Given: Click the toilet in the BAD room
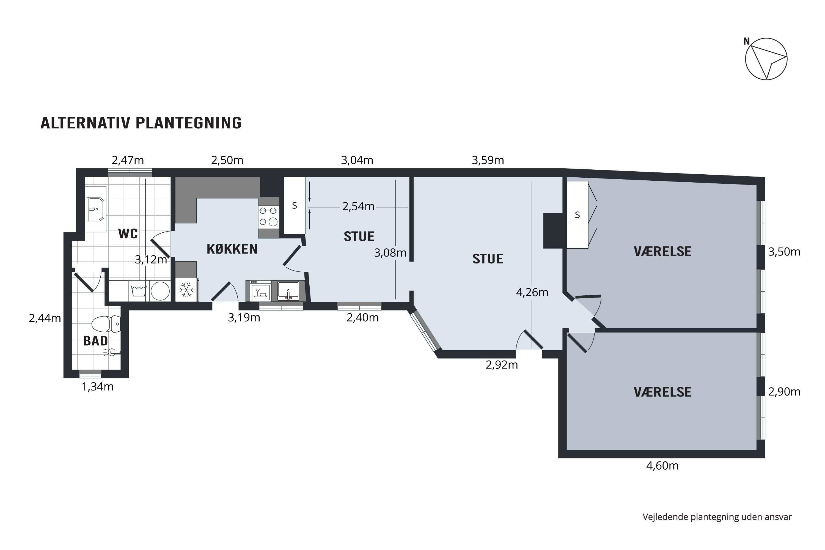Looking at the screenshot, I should coord(105,324).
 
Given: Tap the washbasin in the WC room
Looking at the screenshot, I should coord(95,209).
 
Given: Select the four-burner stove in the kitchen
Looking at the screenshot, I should coord(268,216).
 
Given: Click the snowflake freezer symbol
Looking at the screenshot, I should coord(186,290).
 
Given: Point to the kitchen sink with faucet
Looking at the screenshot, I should coord(288,290).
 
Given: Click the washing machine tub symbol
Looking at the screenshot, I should coord(139,291).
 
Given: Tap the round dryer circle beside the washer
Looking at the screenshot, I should coord(160,291).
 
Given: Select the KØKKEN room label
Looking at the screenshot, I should coord(232,249).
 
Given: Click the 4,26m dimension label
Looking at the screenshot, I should coord(532,292).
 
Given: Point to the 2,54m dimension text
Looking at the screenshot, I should coord(358,207).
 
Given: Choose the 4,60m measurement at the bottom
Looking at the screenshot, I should coord(662,466).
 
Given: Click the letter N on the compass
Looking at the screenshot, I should coord(746,42).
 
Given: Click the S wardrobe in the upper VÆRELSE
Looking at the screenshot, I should coord(577,215).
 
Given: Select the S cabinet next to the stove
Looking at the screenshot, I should coord(294,205).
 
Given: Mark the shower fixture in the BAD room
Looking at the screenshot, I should coord(112,352).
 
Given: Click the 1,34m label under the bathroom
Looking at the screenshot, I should coord(98,387).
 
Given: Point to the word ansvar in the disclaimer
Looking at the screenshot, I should coord(781,517).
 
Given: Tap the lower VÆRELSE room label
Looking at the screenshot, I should coord(662,392).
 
